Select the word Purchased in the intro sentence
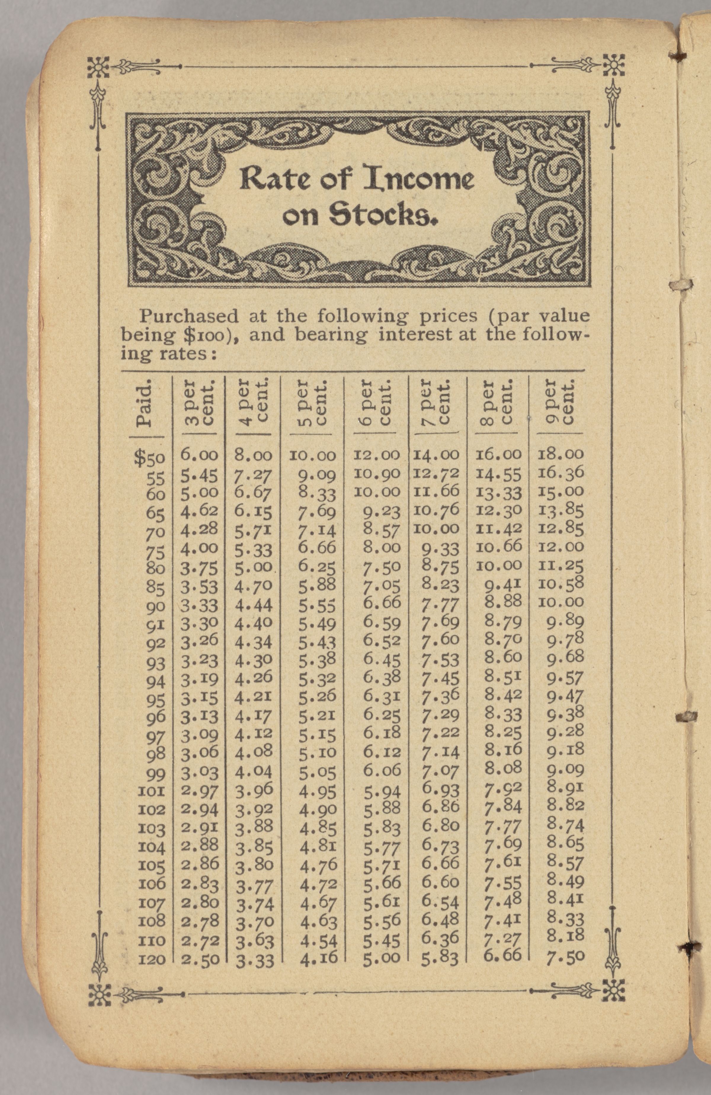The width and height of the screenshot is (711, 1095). [189, 317]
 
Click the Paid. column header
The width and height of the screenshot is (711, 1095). [144, 403]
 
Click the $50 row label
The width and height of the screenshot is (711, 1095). [149, 457]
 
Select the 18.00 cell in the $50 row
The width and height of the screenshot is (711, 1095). [561, 454]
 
